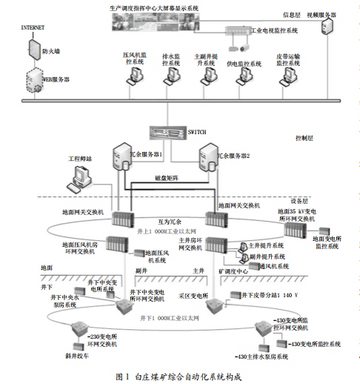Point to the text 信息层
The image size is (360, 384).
(x=293, y=13)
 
